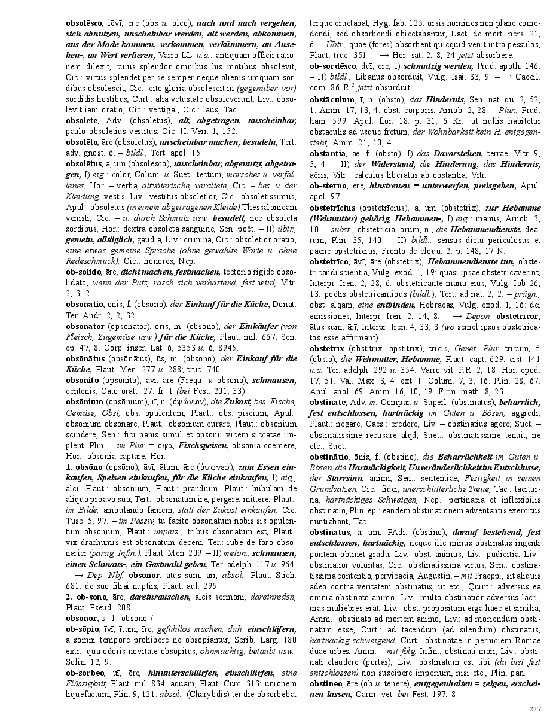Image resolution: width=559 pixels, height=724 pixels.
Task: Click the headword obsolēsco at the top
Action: (x=84, y=22)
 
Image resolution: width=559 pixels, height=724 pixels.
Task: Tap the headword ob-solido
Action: (x=83, y=271)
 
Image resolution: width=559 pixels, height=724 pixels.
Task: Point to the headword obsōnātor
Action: (x=85, y=326)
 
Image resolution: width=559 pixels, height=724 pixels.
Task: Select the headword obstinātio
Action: (x=329, y=456)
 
